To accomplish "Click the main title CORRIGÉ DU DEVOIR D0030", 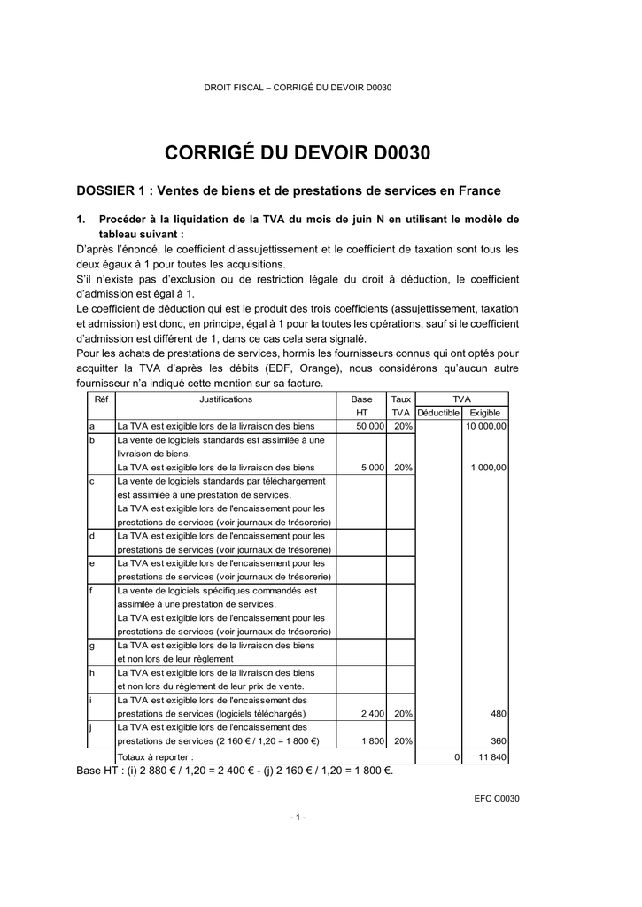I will click(x=298, y=153).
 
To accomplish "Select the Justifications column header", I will click(x=225, y=399).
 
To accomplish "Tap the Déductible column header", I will click(x=437, y=413).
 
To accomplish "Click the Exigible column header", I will click(x=484, y=413).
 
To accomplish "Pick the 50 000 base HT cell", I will click(x=369, y=427).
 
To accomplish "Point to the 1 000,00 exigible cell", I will click(x=489, y=468).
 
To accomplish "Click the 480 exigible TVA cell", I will click(x=498, y=714).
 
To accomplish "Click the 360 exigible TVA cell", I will click(x=498, y=741).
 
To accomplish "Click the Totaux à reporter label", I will click(x=155, y=757).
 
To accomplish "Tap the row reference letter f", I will click(x=92, y=590).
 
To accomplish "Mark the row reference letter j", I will click(x=91, y=727).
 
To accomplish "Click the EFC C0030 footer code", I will click(x=497, y=799).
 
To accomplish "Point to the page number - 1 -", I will click(x=298, y=817).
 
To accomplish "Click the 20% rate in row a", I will click(x=403, y=427).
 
